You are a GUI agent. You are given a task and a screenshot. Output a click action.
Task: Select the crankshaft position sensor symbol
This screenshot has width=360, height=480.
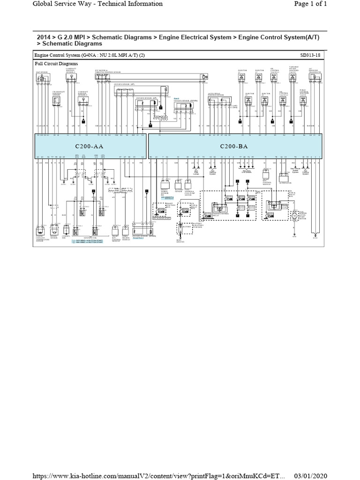(56, 99)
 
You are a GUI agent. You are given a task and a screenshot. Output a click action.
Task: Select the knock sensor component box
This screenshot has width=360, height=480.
(55, 231)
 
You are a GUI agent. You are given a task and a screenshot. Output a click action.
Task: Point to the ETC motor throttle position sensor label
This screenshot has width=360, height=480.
(107, 72)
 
